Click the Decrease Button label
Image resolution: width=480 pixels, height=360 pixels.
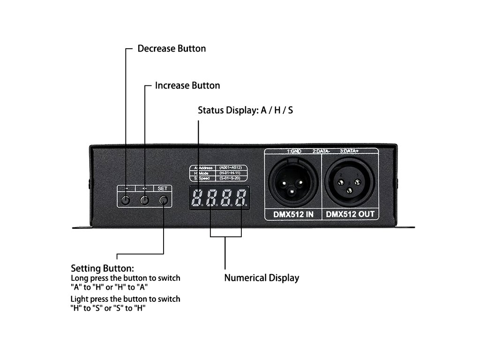coord(172,48)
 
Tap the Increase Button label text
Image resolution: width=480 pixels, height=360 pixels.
coord(187,85)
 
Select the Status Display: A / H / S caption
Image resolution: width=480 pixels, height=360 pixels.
coord(245,111)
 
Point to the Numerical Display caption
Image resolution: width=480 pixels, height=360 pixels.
coord(262,277)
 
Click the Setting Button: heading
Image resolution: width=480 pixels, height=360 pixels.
coord(102,269)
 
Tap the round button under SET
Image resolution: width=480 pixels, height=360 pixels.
coord(163,201)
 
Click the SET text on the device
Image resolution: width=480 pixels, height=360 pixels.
coord(162,188)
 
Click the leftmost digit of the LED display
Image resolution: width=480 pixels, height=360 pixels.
coord(197,198)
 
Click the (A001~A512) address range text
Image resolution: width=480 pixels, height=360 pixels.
coord(230,168)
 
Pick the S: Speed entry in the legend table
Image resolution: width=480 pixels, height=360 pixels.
coord(203,178)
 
